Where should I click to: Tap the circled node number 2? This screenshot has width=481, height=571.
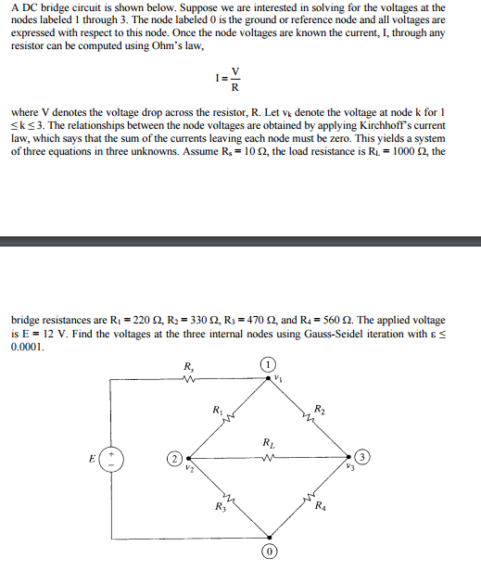(x=172, y=458)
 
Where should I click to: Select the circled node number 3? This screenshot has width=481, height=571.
(x=364, y=456)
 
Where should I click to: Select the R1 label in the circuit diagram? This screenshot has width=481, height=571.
(x=217, y=408)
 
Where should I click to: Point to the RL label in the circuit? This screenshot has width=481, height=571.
(x=268, y=442)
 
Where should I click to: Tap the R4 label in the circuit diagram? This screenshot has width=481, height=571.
(x=320, y=506)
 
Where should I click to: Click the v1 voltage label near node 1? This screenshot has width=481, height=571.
(x=278, y=377)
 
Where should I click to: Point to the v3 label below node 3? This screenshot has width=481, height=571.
(x=349, y=467)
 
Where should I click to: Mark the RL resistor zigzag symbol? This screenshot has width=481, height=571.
(x=269, y=457)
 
